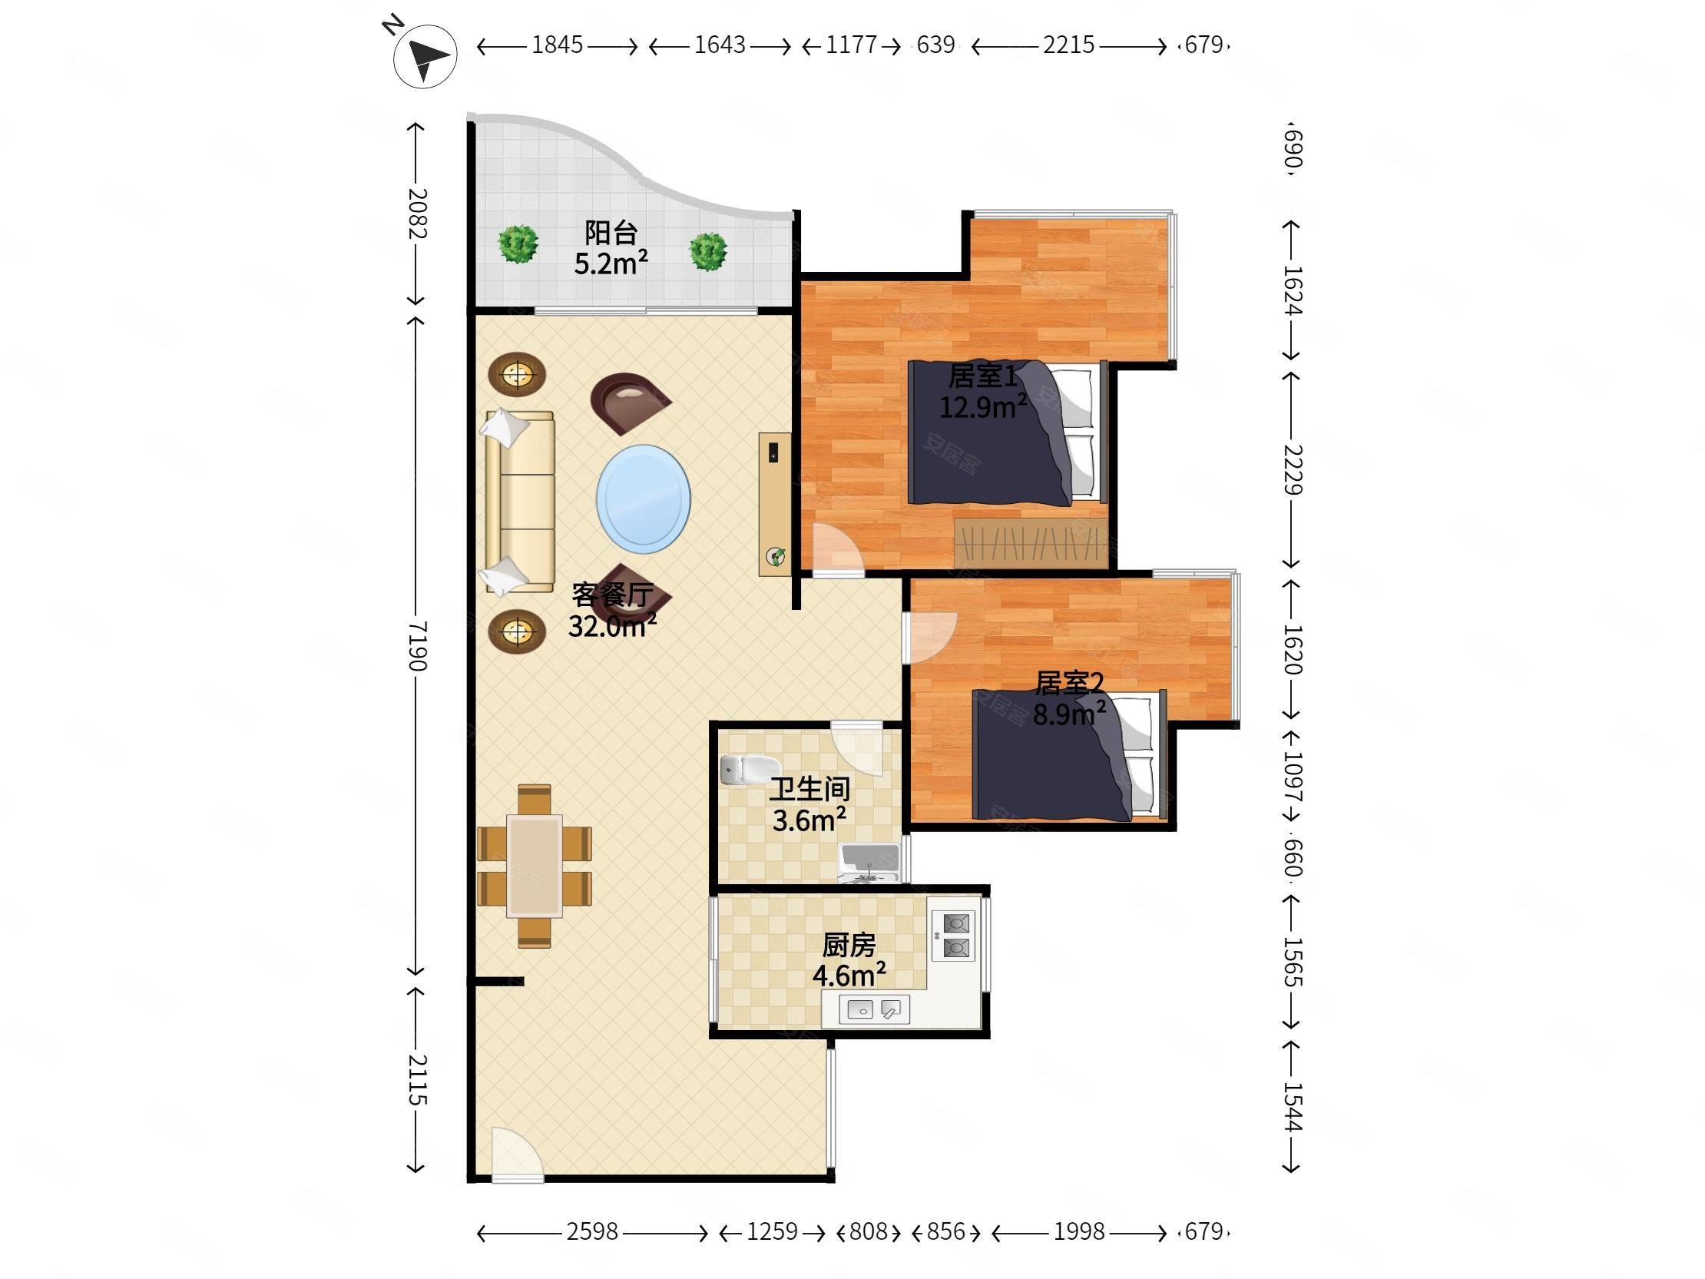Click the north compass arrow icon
425,55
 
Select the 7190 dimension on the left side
416,645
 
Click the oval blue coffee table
643,499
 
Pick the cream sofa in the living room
519,502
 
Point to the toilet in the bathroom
750,770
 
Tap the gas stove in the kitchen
954,935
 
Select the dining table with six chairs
535,866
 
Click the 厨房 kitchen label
849,944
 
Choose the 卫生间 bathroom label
809,789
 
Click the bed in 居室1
1008,432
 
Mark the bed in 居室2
1069,754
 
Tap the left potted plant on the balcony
518,244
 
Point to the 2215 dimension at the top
1068,45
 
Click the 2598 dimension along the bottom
592,1231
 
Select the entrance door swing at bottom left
517,1152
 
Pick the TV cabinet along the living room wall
775,504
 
